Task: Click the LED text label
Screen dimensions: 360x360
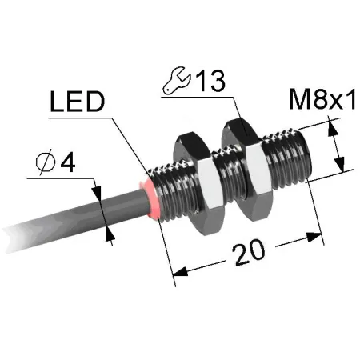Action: [x=78, y=102]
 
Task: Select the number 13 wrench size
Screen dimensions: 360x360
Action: [x=210, y=81]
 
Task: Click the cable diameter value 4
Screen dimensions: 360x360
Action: [x=68, y=162]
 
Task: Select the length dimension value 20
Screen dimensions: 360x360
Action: [x=250, y=253]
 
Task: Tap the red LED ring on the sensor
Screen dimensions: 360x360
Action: [x=151, y=198]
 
